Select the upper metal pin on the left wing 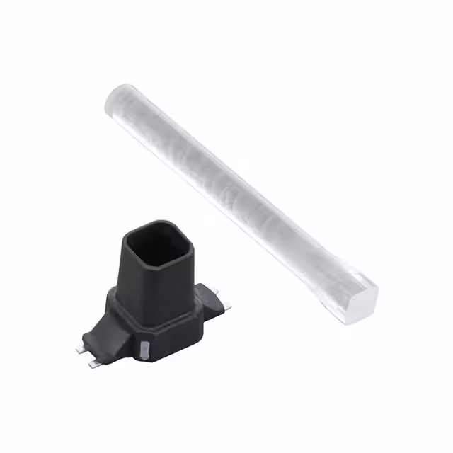point(80,350)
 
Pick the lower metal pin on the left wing point(94,364)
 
